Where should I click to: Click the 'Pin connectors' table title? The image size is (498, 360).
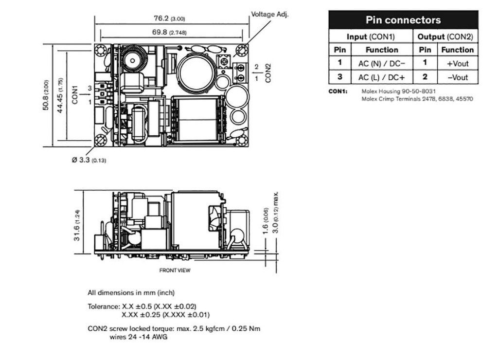[403, 20]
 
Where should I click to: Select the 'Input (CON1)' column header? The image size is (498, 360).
[371, 36]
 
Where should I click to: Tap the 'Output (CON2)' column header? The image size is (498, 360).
[445, 36]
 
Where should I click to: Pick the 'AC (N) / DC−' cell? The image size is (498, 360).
[381, 63]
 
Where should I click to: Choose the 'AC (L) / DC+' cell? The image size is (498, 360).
[381, 77]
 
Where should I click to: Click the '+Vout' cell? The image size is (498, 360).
[457, 63]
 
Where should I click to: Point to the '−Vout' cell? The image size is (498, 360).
[457, 77]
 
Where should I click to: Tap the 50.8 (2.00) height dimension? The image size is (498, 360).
[45, 95]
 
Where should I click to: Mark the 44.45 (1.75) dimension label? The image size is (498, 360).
[60, 95]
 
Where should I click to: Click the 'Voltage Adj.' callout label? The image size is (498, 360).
[269, 14]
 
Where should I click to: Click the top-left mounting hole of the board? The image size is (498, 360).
[101, 51]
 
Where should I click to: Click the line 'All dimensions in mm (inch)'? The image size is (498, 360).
[131, 293]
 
